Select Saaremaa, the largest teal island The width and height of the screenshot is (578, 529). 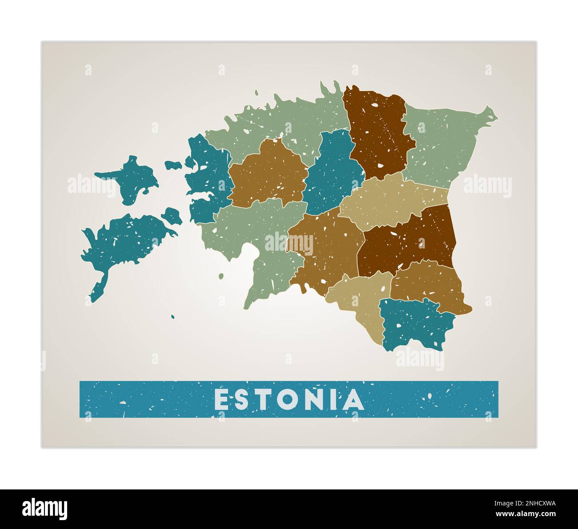(124, 242)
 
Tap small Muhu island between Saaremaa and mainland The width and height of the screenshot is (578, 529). (172, 216)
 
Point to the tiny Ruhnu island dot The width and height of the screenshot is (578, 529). (173, 317)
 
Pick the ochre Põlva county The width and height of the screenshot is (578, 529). (427, 282)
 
